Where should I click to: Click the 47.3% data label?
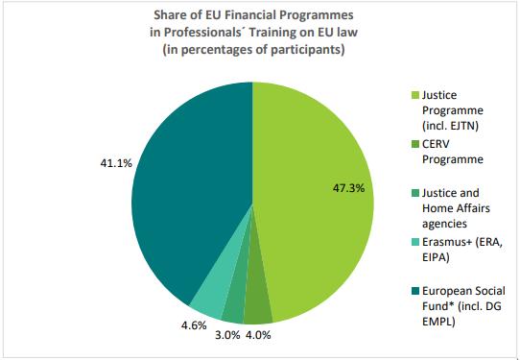349,188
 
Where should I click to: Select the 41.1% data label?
116,163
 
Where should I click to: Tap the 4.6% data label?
194,325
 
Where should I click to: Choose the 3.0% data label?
227,335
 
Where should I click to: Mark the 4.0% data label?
258,335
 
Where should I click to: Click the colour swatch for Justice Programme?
415,95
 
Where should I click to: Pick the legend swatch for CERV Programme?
415,144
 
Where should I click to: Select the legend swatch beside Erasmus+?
415,242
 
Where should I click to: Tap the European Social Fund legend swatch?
415,291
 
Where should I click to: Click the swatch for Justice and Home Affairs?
415,193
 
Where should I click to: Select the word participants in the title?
305,50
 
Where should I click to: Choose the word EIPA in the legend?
436,257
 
